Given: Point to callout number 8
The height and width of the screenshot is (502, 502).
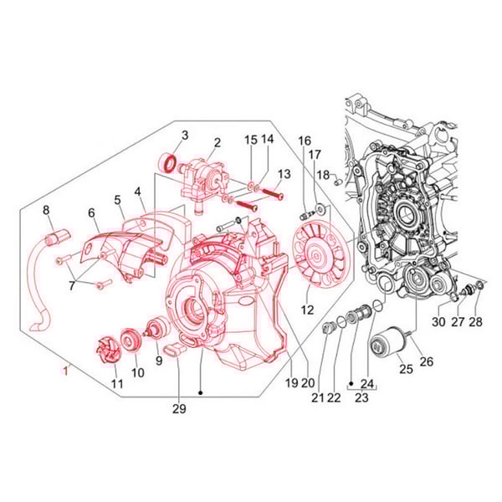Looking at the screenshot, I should (47, 210).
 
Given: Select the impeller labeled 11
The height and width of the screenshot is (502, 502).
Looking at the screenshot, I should (105, 346).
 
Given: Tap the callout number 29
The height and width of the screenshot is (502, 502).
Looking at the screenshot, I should (179, 408).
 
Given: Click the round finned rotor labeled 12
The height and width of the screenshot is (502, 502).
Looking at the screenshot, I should (316, 255).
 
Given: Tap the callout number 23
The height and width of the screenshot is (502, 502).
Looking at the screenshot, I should (362, 397).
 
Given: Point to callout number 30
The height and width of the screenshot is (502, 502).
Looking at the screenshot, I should (438, 322).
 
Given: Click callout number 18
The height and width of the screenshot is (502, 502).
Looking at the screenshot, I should (322, 175).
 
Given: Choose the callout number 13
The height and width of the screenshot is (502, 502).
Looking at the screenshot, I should (284, 173).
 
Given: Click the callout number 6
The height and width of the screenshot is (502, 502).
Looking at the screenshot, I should (91, 213).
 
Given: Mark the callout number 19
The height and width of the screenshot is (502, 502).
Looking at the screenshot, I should (290, 383).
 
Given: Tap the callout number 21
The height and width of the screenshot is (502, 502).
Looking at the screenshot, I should (317, 397).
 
